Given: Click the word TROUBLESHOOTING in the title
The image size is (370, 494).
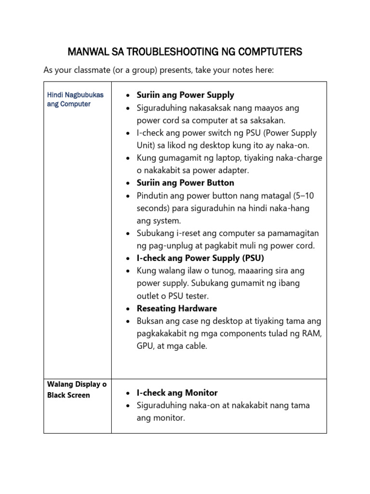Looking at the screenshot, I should tap(159, 52).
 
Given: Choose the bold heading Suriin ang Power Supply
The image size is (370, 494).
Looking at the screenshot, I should tap(185, 95).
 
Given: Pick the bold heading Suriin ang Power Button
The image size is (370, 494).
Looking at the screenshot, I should tap(185, 183).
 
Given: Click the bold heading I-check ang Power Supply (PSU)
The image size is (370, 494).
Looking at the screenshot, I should tap(200, 258).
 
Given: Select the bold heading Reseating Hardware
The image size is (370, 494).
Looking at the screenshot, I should tap(177, 308).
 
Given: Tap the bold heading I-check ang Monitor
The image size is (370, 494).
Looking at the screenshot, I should tap(177, 393).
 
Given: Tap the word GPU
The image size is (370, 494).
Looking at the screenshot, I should tap(145, 346).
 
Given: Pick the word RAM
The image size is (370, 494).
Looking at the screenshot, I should tap(314, 333).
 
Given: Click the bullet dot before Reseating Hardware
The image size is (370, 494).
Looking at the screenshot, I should tap(127, 309).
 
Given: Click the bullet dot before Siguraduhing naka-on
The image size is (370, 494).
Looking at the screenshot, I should tap(127, 406).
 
